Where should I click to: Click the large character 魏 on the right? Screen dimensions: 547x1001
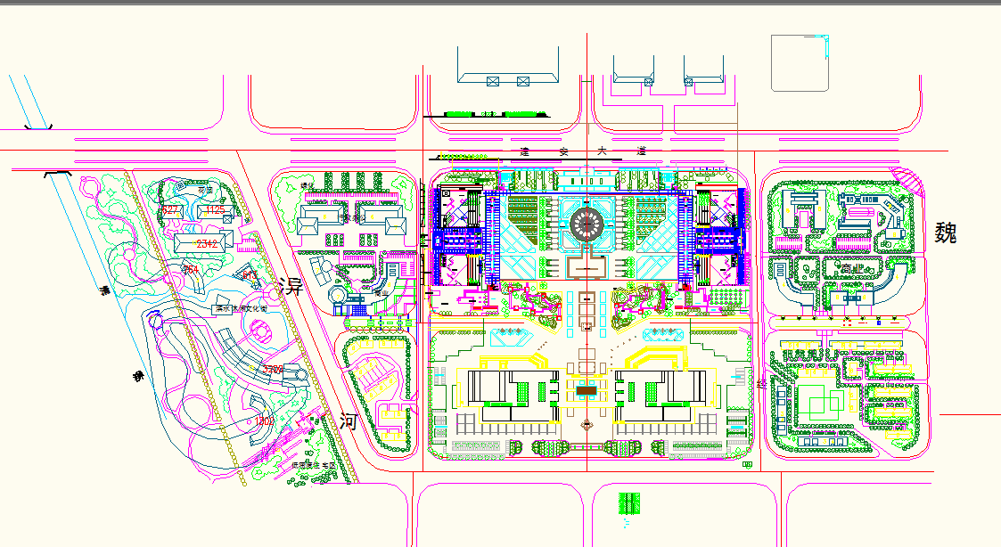pyautogui.click(x=946, y=233)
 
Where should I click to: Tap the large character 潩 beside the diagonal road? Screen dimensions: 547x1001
pyautogui.click(x=291, y=287)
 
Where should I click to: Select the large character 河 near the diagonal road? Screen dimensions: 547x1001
pyautogui.click(x=348, y=422)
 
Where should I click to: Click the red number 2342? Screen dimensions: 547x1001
pyautogui.click(x=207, y=243)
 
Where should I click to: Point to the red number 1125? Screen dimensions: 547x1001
pyautogui.click(x=215, y=210)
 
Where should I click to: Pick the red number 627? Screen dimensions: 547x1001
pyautogui.click(x=170, y=210)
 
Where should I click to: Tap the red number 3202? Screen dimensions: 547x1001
pyautogui.click(x=273, y=369)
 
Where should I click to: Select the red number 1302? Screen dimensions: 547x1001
pyautogui.click(x=264, y=420)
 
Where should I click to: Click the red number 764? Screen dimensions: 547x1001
pyautogui.click(x=190, y=269)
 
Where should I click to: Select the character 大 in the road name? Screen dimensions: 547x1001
pyautogui.click(x=603, y=152)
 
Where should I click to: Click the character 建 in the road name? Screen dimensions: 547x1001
pyautogui.click(x=526, y=152)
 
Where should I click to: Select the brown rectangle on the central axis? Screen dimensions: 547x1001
pyautogui.click(x=587, y=390)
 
